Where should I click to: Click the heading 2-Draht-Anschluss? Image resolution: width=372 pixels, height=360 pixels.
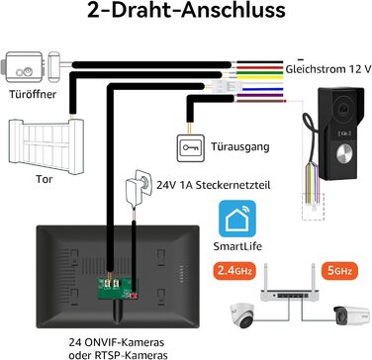click(185, 14)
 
